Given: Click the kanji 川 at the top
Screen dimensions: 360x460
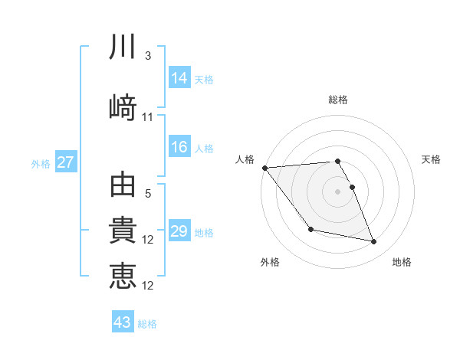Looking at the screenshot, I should tap(123, 47).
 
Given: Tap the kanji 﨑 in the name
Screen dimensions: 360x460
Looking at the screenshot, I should tap(123, 108).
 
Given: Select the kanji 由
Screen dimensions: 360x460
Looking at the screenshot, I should tap(123, 185).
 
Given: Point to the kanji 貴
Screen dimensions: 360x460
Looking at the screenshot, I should tap(123, 231).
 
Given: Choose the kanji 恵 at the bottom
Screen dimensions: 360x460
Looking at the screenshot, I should tap(123, 277).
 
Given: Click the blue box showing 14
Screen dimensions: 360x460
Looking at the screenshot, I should tap(179, 78).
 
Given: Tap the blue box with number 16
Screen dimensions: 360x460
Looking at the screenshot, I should tap(179, 148).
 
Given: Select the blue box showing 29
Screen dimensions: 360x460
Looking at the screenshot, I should tap(179, 231).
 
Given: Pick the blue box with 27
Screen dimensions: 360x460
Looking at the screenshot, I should tap(65, 162).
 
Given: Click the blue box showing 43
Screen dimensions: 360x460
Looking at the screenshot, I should tap(123, 322).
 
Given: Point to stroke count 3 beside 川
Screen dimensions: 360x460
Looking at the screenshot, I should tap(148, 56).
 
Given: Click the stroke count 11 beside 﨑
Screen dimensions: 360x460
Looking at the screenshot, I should tap(148, 117).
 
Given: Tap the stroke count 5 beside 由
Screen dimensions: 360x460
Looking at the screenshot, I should tap(148, 194).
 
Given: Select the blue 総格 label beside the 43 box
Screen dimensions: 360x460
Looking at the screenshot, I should tap(148, 323).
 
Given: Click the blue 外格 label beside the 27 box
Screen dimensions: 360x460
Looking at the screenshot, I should tap(41, 163).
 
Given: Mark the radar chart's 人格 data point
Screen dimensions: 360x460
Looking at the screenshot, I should tap(264, 168).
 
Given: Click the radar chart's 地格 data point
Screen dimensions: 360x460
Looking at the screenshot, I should tap(374, 242).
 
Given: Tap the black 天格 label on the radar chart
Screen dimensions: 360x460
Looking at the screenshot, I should tap(432, 159).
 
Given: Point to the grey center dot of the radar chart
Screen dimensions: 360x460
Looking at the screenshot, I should tap(337, 191).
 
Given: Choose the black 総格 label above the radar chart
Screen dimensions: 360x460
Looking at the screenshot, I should tap(337, 100).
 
